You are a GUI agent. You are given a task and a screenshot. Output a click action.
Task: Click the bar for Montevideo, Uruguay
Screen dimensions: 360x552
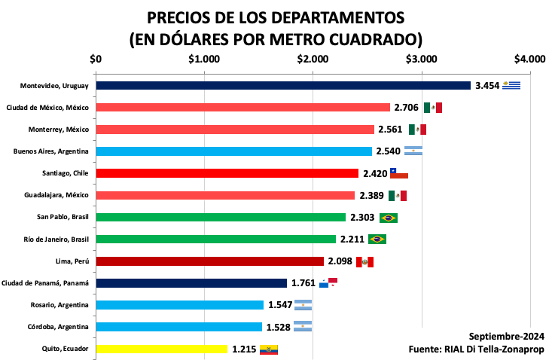282,86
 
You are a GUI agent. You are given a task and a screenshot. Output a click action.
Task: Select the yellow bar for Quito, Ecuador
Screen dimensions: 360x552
161,349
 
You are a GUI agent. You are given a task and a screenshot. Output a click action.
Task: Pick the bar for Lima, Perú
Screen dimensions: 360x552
209,261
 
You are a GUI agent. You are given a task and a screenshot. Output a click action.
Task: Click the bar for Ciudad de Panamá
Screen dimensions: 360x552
191,283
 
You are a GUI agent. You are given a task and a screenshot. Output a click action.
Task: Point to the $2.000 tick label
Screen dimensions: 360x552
313,59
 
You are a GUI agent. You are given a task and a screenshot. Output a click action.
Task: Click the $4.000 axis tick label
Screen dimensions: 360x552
530,59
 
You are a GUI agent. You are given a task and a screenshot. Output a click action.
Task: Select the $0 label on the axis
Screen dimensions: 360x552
96,59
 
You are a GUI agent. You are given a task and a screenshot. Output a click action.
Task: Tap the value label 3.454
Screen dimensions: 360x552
487,86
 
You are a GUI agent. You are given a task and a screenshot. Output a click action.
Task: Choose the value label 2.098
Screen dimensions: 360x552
340,261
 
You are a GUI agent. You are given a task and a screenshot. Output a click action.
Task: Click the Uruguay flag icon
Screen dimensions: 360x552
512,85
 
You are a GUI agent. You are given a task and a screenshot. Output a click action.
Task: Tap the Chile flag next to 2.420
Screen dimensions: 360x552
398,174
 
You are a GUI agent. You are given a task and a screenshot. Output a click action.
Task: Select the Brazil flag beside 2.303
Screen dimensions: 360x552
389,218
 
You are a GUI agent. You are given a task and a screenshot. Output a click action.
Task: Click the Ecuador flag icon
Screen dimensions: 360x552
269,349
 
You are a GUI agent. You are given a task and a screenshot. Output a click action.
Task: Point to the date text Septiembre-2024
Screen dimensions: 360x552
506,337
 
